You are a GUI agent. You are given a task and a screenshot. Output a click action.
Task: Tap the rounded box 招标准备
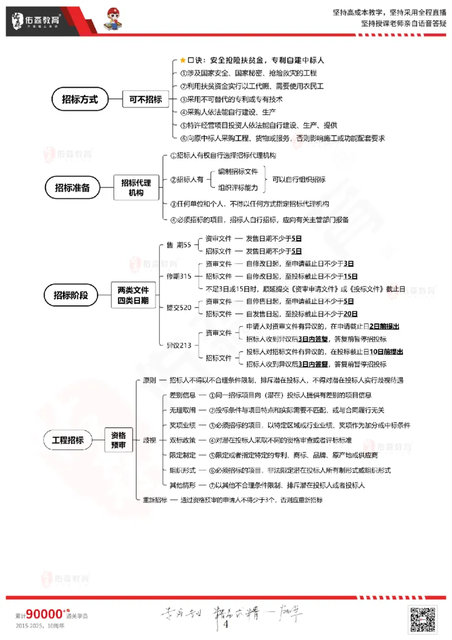pos(72,187)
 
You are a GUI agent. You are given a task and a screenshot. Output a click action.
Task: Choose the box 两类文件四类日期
pos(133,295)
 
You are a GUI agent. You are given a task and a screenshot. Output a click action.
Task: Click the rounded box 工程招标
pos(68,439)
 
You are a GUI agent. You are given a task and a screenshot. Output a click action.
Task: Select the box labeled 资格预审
pos(118,439)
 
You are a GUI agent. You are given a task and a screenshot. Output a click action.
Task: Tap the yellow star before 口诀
pos(182,60)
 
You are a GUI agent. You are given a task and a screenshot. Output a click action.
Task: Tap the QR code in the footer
pos(423,619)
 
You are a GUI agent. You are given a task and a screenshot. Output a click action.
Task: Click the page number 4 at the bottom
pos(226,624)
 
